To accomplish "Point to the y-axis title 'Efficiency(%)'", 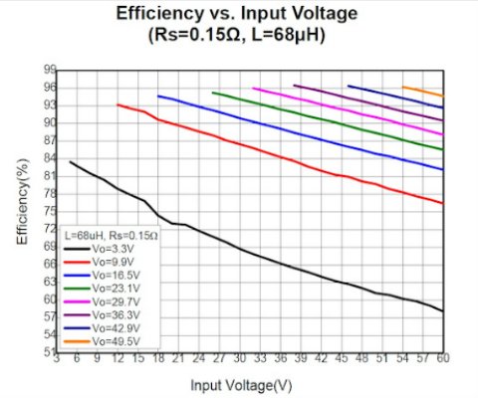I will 21,209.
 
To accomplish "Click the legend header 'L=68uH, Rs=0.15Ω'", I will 111,236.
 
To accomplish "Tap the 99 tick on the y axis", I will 48,70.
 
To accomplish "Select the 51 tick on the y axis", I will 48,351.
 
